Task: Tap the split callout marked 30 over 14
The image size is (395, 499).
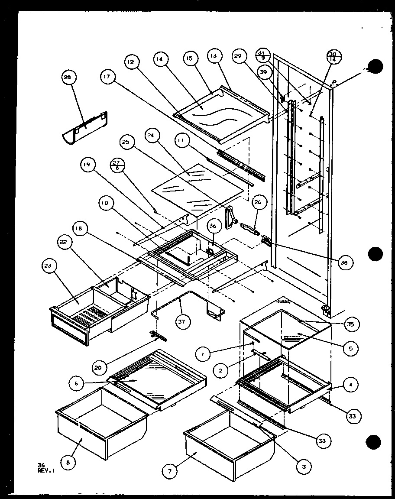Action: (x=333, y=56)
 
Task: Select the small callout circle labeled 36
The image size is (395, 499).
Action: (x=213, y=226)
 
